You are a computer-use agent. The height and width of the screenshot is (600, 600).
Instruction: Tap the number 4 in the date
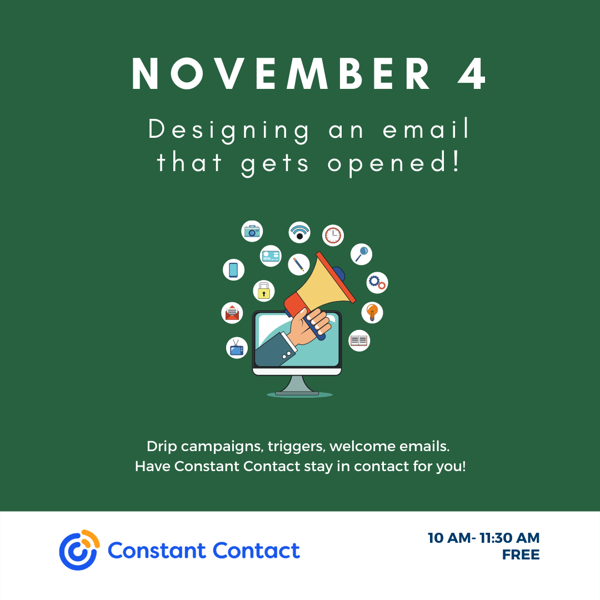point(472,73)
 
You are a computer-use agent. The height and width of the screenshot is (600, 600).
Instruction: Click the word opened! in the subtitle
point(393,164)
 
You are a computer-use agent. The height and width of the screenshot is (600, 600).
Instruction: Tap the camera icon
point(252,231)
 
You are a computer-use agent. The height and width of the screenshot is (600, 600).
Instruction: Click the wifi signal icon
point(299,232)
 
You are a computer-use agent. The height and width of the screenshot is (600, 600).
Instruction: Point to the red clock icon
point(333,236)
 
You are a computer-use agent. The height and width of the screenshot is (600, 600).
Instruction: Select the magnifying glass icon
point(361,254)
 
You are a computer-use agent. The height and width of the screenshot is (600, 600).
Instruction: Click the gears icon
point(377,283)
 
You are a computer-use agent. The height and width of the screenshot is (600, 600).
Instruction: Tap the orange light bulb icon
point(372,312)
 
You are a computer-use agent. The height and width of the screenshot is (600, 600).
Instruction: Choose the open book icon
point(359,340)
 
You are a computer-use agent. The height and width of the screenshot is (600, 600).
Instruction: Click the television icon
point(237,348)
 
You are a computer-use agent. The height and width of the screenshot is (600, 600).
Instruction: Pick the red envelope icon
point(232,313)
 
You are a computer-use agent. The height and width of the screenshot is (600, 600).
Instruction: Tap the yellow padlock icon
point(264,291)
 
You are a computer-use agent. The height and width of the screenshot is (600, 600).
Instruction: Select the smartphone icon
point(233,270)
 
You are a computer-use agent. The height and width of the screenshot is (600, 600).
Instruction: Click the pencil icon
point(298,264)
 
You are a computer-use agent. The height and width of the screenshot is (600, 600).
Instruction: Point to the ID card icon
point(271,256)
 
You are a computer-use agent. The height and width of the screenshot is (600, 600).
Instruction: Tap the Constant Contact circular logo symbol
point(79,550)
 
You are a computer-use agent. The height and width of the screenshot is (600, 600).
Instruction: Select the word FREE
point(521,554)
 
